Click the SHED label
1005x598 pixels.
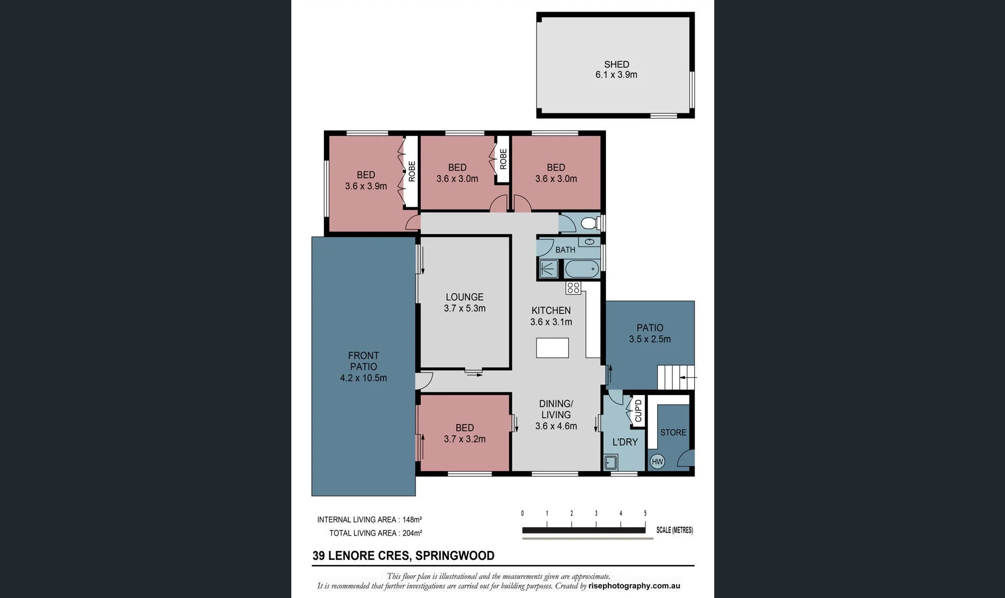pos(616,65)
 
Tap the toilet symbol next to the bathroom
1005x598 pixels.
pos(591,223)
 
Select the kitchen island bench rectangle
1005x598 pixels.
pos(552,348)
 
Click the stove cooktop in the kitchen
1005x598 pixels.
pos(573,288)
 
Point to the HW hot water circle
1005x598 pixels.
pos(657,462)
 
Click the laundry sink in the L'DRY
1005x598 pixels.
pos(611,463)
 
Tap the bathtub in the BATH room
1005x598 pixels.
pos(582,269)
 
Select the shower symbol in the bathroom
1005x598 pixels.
pos(548,269)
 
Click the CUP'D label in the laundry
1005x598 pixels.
pos(638,411)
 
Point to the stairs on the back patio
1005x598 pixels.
pos(676,378)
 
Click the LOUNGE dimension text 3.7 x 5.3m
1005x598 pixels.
pos(465,308)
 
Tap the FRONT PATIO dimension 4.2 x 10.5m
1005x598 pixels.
pos(363,378)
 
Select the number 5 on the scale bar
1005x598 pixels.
pos(645,513)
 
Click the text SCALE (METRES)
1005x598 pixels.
pos(675,530)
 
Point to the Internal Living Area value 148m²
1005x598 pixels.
pos(412,520)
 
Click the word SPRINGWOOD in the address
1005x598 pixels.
pos(455,556)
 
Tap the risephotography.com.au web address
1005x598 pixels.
pos(634,586)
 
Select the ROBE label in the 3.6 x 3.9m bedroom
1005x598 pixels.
pos(412,171)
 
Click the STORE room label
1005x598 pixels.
pos(673,433)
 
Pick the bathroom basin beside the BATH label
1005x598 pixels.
pos(589,242)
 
